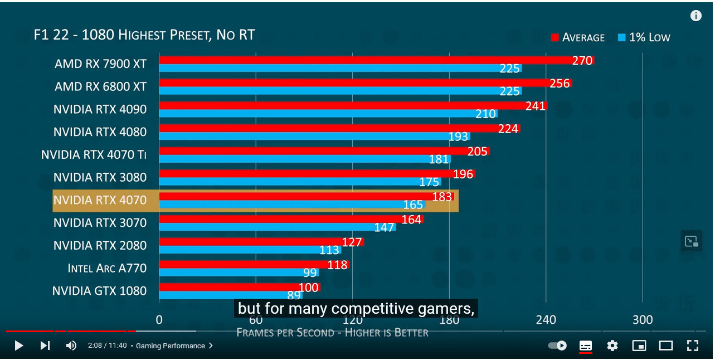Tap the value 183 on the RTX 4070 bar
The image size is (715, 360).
click(x=442, y=196)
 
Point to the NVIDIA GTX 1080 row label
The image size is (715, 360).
click(x=99, y=291)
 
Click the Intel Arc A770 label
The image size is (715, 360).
click(x=107, y=268)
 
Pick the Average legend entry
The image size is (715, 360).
click(x=577, y=37)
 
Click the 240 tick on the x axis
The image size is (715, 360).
click(x=546, y=319)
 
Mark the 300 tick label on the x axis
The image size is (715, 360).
click(x=643, y=319)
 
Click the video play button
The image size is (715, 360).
click(x=18, y=346)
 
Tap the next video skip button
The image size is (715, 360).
click(x=45, y=346)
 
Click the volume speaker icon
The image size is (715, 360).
click(x=71, y=346)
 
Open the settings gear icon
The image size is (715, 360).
click(x=612, y=346)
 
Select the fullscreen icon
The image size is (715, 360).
click(x=692, y=346)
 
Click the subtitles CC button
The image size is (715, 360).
click(x=586, y=346)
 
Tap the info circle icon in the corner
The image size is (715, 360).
click(x=696, y=16)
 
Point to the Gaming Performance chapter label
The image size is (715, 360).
click(x=171, y=346)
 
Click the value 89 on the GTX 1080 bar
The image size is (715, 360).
click(x=294, y=296)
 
